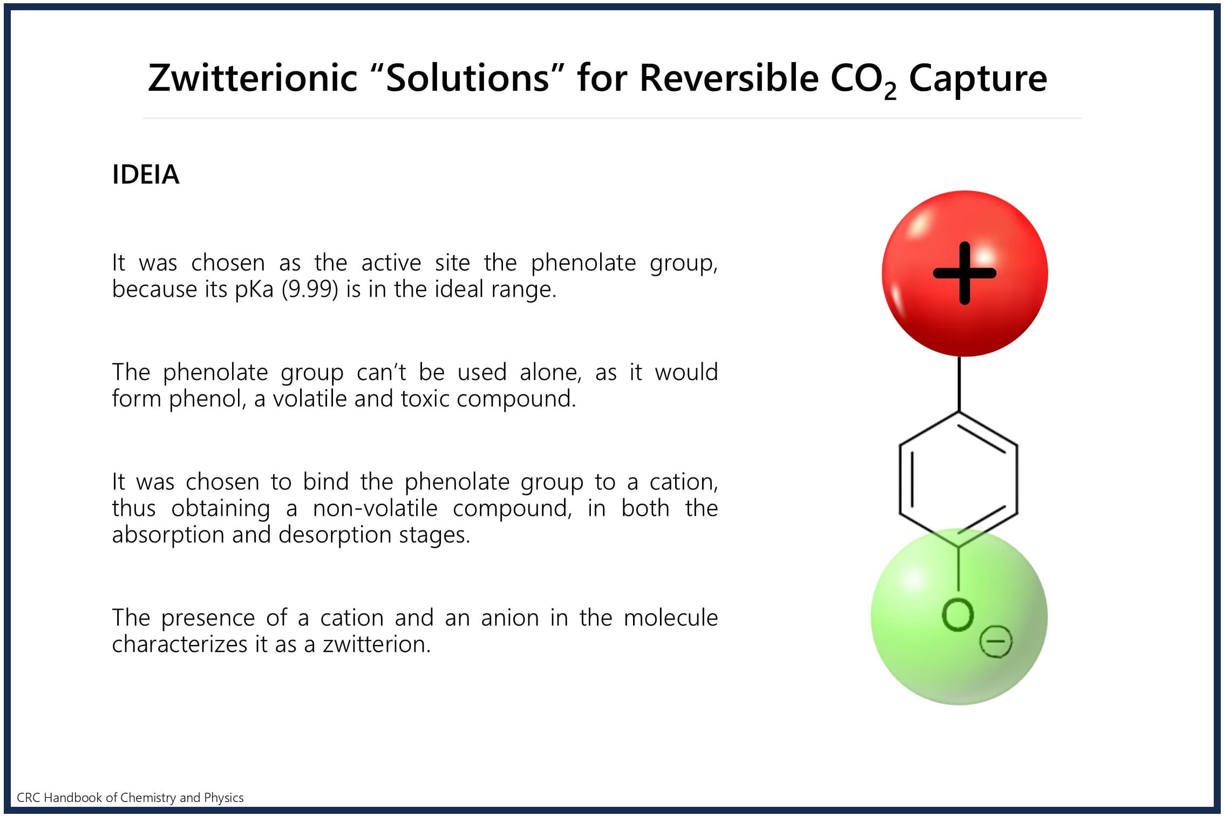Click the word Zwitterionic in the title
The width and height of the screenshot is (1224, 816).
pos(253,78)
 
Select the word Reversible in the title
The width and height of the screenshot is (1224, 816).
pos(729,78)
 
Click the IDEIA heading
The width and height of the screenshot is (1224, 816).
pos(146,174)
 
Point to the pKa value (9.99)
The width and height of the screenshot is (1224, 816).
pos(310,289)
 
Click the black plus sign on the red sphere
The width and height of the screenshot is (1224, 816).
pos(965,273)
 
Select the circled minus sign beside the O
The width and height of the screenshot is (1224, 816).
pos(996,642)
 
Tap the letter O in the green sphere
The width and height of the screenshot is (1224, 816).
pos(958,615)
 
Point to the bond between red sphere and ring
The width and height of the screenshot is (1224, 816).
pos(959,384)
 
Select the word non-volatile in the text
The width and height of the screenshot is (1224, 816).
pos(375,508)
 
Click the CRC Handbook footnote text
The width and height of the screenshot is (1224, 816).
pos(130,798)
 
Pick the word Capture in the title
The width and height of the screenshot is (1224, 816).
pos(978,79)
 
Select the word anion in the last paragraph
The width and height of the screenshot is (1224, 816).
pos(510,618)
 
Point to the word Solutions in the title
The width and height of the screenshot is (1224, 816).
pos(468,78)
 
